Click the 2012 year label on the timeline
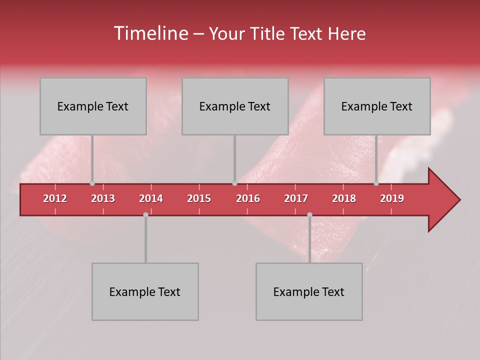55,198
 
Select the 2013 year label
103,198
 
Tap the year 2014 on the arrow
151,198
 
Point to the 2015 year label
199,198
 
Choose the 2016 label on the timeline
248,198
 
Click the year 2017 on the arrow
296,198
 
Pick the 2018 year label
344,198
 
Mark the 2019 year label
392,198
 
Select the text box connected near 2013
93,106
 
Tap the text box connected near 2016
235,106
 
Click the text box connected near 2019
377,106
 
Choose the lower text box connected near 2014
145,291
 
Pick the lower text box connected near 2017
309,291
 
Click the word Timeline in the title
150,33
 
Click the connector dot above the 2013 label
92,183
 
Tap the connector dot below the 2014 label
145,214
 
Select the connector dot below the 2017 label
309,214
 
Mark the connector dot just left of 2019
376,183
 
